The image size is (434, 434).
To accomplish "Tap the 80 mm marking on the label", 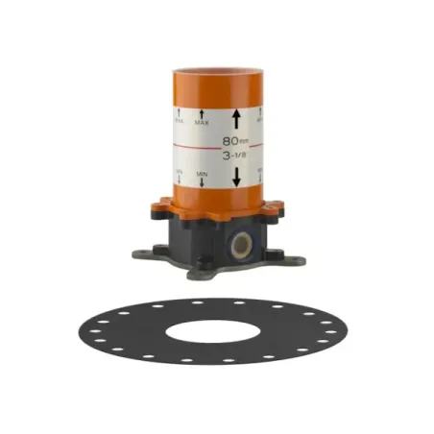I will pos(234,140).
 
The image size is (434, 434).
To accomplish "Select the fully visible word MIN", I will pos(203,174).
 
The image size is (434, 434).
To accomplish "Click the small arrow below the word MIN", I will pos(203,182).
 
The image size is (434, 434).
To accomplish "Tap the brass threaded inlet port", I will pos(241,244).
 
